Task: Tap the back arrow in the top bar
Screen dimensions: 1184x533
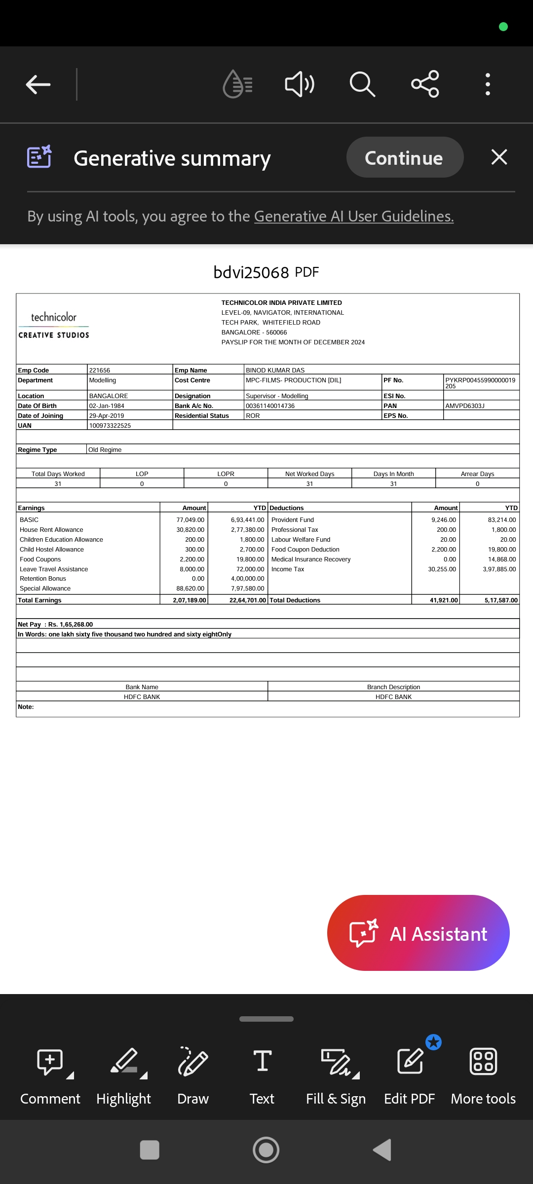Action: click(38, 84)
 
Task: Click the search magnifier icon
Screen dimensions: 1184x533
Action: click(362, 84)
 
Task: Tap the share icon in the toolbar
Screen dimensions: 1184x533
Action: click(425, 84)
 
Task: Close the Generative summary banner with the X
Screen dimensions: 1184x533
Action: click(499, 157)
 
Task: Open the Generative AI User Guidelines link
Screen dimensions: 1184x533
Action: click(354, 216)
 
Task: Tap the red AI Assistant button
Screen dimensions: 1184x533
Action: click(418, 933)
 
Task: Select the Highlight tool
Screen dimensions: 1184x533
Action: click(123, 1075)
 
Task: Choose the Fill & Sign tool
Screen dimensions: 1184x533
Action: click(336, 1075)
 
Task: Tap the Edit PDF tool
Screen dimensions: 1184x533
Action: click(409, 1075)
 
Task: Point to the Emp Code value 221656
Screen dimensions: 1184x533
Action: click(100, 370)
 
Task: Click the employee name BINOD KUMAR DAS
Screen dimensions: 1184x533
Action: click(275, 370)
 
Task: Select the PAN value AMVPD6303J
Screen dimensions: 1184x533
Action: click(465, 406)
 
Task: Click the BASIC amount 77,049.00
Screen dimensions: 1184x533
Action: click(190, 519)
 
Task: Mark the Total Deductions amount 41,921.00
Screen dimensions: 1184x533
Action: click(444, 600)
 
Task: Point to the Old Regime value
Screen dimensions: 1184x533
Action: click(105, 449)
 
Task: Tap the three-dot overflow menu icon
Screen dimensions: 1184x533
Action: click(488, 84)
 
